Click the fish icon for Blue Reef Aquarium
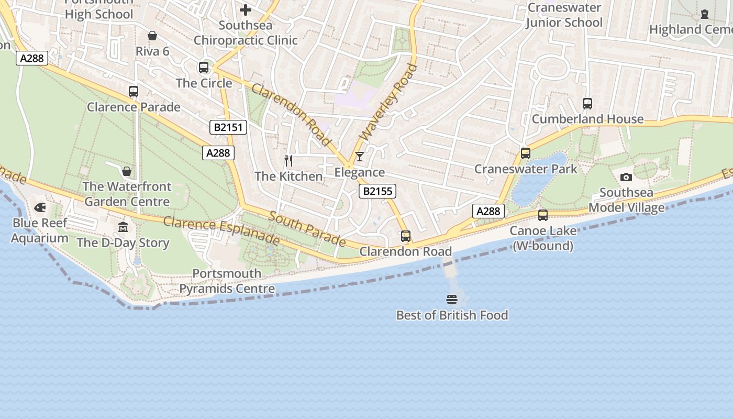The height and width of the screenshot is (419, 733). click(40, 208)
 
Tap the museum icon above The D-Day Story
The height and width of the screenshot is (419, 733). click(123, 227)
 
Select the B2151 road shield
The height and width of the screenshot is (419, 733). click(228, 127)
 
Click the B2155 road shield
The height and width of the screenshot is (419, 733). click(377, 191)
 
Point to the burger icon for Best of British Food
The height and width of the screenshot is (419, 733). click(452, 300)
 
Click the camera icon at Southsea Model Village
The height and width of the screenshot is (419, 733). click(626, 177)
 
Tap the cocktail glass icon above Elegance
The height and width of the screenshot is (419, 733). click(359, 157)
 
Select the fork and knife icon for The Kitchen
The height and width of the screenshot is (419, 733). click(288, 160)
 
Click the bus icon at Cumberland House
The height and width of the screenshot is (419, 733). click(587, 104)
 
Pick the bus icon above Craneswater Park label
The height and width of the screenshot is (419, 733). click(526, 153)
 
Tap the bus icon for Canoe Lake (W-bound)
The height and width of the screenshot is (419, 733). click(543, 215)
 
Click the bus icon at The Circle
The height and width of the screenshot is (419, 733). click(204, 68)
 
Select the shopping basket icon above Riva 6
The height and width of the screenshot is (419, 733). click(152, 36)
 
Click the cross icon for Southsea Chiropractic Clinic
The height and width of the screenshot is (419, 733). click(246, 10)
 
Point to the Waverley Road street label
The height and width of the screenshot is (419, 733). click(389, 102)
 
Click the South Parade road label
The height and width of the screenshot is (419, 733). click(307, 228)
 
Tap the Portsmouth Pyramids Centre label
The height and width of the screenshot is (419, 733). click(227, 281)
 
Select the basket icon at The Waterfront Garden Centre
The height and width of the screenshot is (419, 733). click(126, 171)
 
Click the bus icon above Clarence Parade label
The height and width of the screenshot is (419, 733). click(134, 92)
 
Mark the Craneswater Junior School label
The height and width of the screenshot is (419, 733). click(564, 15)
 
